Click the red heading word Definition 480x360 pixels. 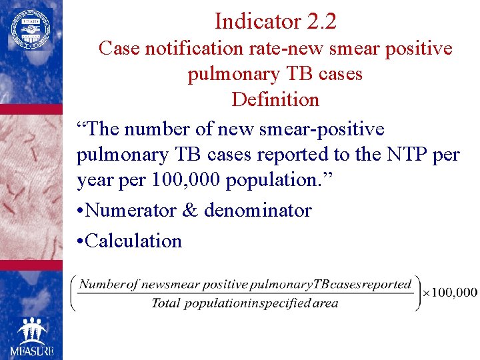click(x=275, y=99)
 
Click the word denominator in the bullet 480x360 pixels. click(x=257, y=211)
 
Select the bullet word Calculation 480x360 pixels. click(x=133, y=241)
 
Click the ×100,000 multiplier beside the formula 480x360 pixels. click(x=450, y=292)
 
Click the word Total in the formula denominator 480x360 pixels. click(x=166, y=303)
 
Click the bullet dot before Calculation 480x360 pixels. click(x=80, y=241)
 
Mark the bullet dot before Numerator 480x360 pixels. click(x=80, y=211)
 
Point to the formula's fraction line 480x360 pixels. click(x=245, y=293)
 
